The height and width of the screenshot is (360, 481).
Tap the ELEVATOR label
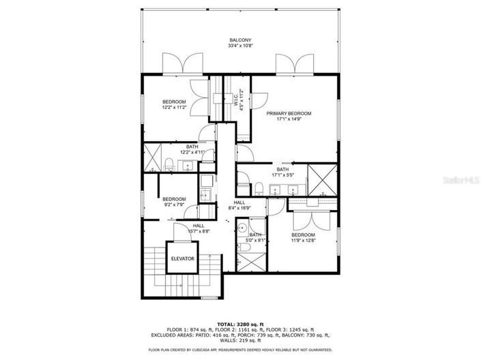[182, 259]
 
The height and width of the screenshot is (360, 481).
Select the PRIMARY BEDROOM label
[289, 113]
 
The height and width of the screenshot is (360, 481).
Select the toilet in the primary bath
[259, 187]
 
